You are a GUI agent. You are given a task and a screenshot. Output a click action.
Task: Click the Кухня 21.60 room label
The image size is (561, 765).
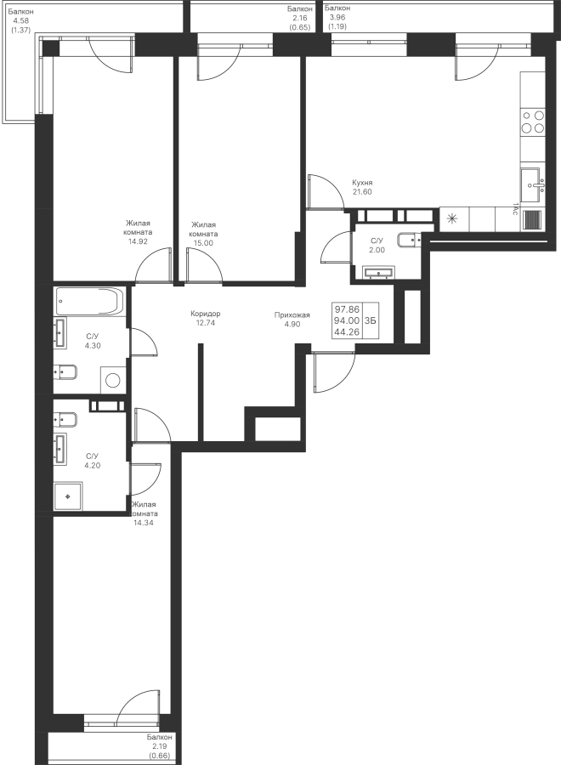[x=362, y=187]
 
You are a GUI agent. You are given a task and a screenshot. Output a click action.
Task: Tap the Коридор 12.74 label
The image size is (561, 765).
[x=206, y=318]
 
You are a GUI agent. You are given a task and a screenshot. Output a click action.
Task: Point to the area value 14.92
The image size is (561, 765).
[x=139, y=241]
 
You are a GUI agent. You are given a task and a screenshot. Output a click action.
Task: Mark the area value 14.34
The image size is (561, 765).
[x=144, y=524]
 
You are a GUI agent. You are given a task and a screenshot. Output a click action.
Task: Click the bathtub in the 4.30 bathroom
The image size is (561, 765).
[x=89, y=301]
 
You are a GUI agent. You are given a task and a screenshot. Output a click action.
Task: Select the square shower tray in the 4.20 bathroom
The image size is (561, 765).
[x=67, y=495]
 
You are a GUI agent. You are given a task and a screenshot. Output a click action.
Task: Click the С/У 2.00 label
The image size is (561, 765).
[x=377, y=246]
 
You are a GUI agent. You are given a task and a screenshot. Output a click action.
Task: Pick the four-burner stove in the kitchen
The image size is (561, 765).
[x=532, y=122]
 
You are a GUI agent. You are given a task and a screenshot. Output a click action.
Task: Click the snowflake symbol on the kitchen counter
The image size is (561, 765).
[x=451, y=218]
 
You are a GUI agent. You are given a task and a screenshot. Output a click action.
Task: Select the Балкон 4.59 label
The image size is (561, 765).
[x=20, y=20]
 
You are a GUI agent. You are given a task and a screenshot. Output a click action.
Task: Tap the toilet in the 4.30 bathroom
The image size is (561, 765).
[x=65, y=371]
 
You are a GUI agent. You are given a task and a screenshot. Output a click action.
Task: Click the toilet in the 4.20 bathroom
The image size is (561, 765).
[x=65, y=419]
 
